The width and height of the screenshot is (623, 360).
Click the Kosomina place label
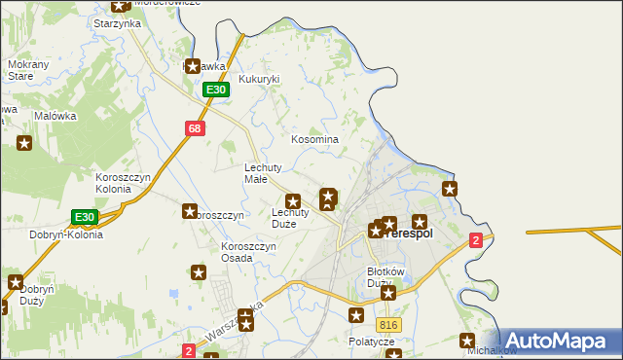pyautogui.click(x=315, y=139)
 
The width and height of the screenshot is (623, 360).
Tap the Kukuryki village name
pyautogui.click(x=259, y=79)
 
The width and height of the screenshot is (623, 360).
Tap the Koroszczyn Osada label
pyautogui.click(x=248, y=252)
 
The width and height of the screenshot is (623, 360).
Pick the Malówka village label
pyautogui.click(x=55, y=116)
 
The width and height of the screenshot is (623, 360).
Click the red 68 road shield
pyautogui.click(x=195, y=128)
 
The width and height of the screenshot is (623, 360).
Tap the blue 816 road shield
pyautogui.click(x=389, y=325)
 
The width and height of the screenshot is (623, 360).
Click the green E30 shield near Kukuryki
pyautogui.click(x=216, y=90)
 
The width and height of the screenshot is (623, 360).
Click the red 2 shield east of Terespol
pyautogui.click(x=475, y=240)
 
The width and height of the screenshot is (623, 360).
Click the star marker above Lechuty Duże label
pyautogui.click(x=292, y=200)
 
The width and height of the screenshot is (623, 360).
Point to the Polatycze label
pyautogui.click(x=371, y=342)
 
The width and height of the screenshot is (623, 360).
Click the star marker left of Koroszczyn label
pyautogui.click(x=190, y=211)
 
